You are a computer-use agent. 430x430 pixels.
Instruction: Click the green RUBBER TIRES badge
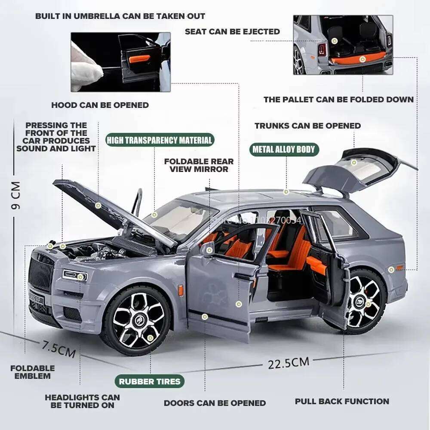click(150, 381)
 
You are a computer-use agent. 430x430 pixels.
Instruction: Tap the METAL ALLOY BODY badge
click(284, 150)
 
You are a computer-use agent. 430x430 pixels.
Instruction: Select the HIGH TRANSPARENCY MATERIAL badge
click(160, 140)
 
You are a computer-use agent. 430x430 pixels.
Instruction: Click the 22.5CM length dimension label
click(288, 363)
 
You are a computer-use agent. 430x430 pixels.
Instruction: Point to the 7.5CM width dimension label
click(58, 349)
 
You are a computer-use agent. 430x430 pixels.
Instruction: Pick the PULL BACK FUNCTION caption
click(342, 401)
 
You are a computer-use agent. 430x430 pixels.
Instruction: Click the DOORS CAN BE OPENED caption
click(215, 403)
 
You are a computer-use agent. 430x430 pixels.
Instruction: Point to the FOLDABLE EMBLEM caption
click(32, 372)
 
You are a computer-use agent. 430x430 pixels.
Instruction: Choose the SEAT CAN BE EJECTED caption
click(232, 31)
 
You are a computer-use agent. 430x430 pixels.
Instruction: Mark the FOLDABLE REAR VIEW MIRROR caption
click(199, 165)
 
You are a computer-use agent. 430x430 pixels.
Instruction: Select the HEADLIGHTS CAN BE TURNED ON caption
click(82, 401)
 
